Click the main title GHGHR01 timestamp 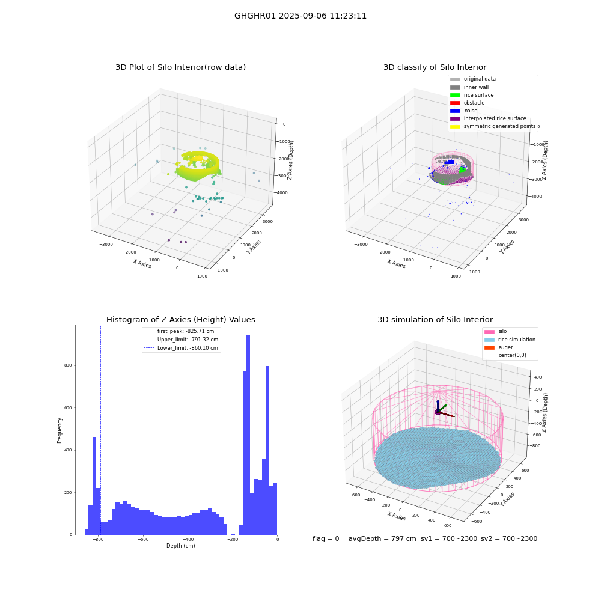(300, 16)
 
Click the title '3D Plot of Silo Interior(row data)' (180, 67)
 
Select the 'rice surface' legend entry (472, 95)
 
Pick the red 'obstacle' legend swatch (455, 103)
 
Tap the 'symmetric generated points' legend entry (493, 126)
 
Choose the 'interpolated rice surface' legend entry (488, 118)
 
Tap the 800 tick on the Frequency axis (68, 365)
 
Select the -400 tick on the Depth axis (188, 539)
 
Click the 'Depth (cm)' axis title (181, 546)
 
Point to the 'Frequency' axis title (59, 430)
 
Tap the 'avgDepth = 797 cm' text (382, 538)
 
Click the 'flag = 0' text (326, 538)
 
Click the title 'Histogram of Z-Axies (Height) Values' (180, 320)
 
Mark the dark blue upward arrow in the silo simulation (438, 406)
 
